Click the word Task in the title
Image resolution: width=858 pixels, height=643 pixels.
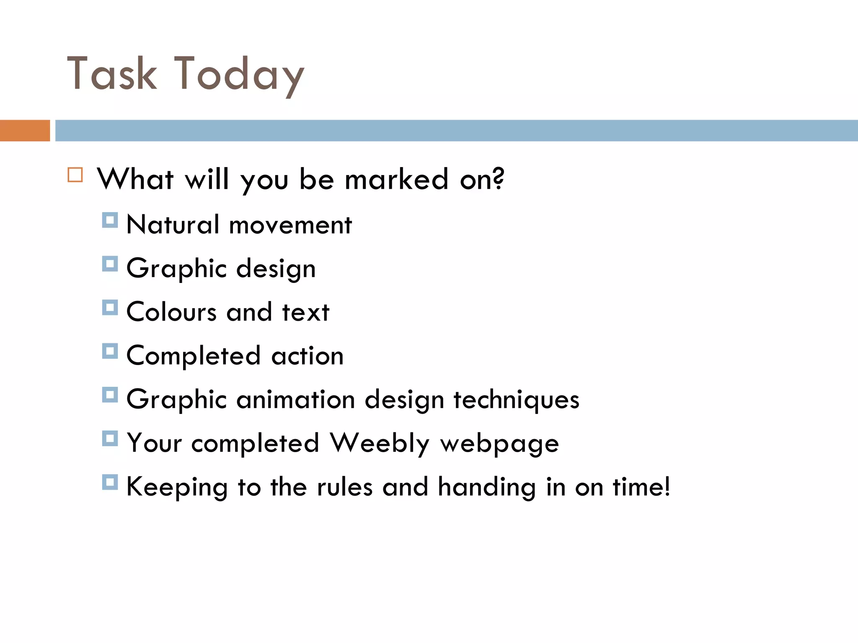112,74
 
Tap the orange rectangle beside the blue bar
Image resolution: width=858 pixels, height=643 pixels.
25,131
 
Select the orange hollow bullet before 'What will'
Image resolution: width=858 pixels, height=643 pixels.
75,175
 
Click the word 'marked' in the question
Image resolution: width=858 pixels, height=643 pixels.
396,180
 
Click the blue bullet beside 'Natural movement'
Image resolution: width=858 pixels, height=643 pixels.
110,220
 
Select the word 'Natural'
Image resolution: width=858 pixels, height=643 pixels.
173,225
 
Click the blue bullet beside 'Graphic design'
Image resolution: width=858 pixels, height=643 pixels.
110,264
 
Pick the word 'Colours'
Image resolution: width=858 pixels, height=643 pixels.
171,312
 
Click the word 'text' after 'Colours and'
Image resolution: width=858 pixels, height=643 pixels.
306,312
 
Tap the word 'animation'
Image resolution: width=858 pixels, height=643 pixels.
296,399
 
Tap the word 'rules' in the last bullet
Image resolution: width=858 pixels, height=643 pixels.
344,487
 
